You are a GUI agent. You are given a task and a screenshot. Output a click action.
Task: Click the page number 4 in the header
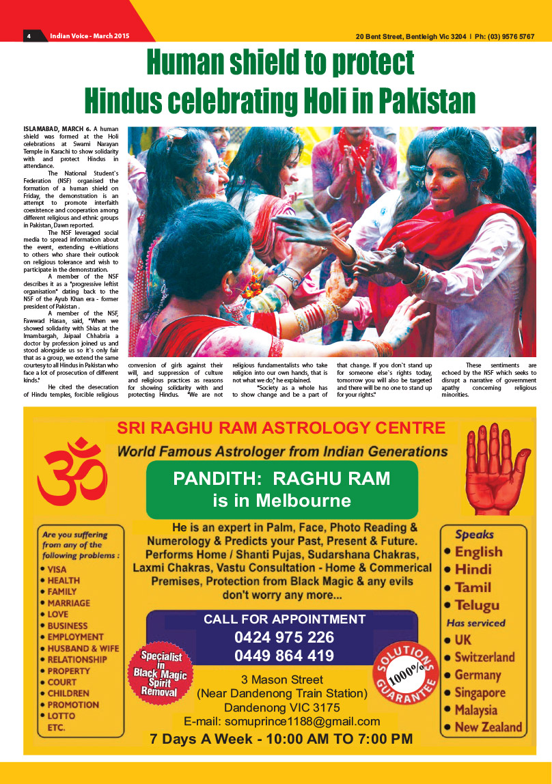pos(29,36)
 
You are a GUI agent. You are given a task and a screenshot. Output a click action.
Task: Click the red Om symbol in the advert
pos(72,471)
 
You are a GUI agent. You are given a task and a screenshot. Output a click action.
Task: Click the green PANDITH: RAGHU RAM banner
pos(281,489)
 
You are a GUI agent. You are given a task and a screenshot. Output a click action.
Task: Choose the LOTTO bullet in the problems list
pos(61,716)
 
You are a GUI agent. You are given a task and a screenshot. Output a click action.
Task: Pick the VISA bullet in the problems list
pos(57,569)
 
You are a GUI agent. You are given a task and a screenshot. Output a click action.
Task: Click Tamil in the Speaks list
pos(473,587)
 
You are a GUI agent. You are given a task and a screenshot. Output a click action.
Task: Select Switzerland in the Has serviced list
pos(484,657)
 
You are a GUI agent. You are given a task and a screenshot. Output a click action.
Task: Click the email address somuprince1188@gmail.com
pos(281,722)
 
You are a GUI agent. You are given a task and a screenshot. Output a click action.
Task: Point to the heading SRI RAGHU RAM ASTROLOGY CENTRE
pos(281,428)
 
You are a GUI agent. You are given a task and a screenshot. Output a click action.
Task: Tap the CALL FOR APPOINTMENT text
pos(284,619)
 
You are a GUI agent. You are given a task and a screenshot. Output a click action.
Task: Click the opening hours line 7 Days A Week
pos(281,739)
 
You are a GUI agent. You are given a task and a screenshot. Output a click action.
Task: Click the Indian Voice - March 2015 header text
pos(89,36)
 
